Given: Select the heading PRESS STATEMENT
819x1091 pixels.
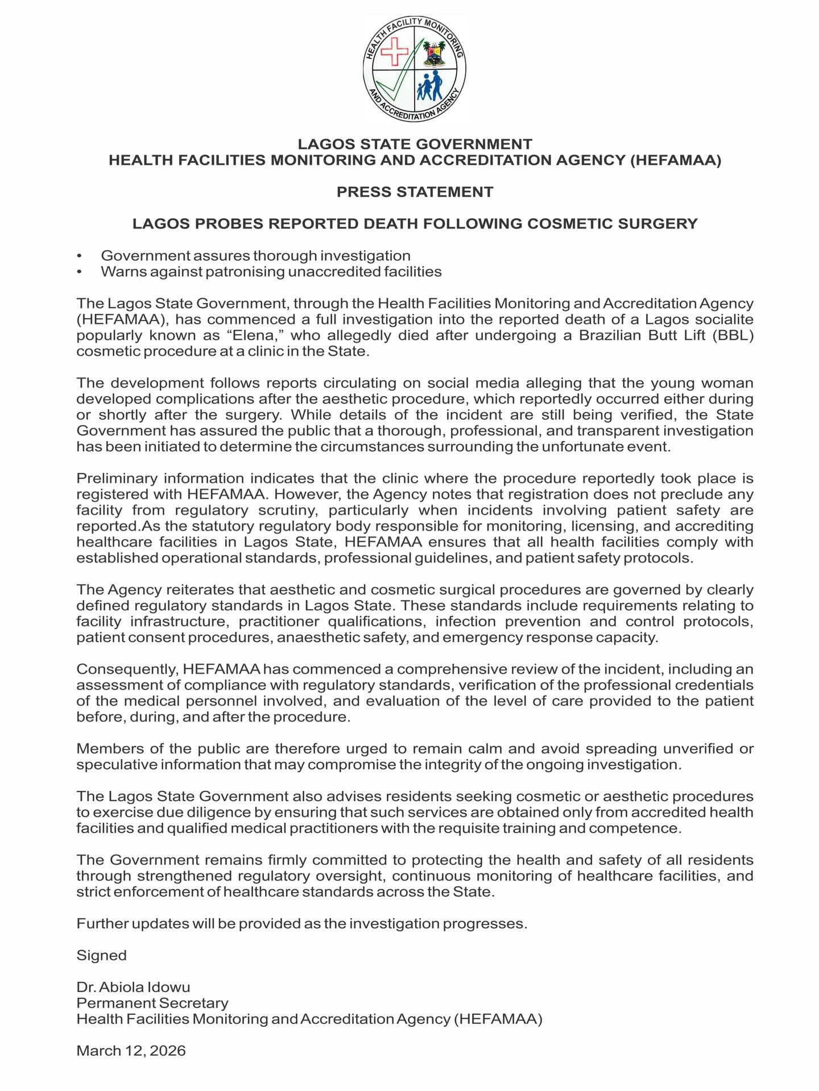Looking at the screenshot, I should click(415, 192).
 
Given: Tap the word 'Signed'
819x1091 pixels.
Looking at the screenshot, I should click(101, 956).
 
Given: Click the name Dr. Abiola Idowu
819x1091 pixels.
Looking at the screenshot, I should click(133, 988).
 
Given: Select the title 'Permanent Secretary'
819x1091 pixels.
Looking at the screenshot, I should click(152, 1003).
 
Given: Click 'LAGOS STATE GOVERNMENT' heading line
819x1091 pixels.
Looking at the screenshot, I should click(415, 144).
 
